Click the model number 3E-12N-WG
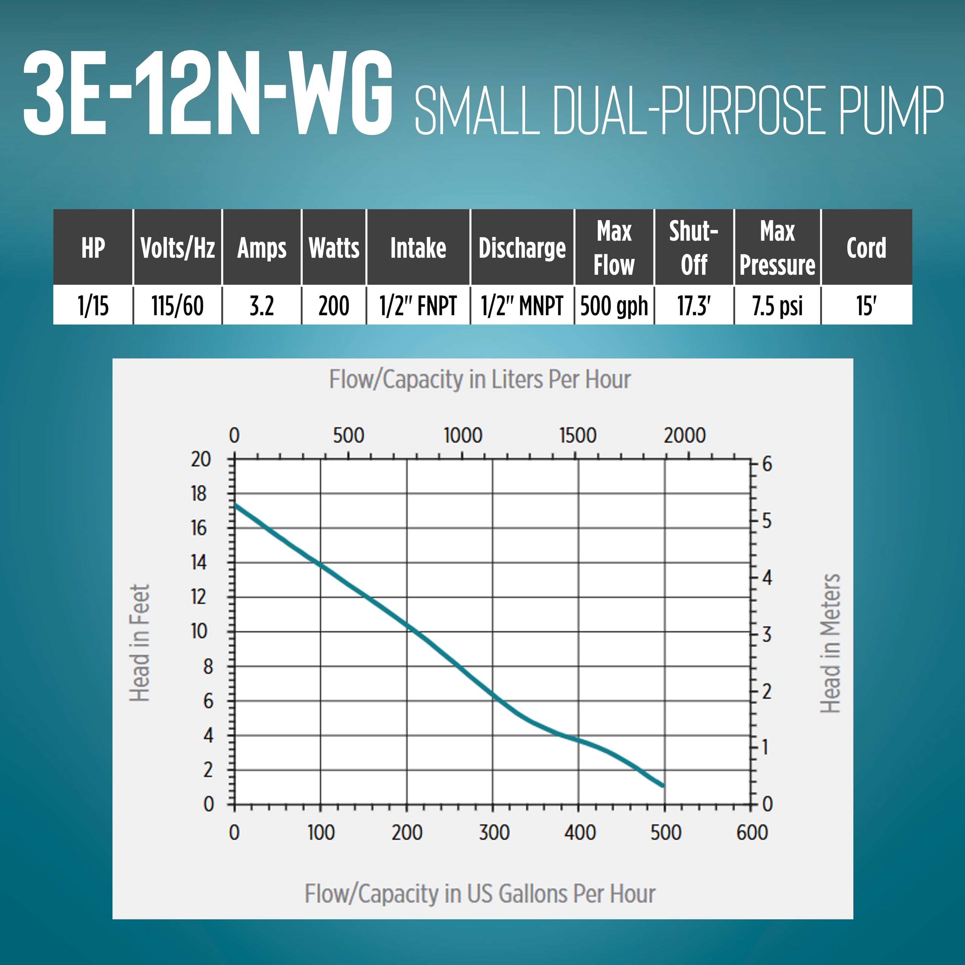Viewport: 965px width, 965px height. click(x=207, y=93)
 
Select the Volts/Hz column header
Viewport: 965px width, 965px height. click(x=177, y=248)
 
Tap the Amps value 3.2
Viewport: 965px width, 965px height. click(x=262, y=306)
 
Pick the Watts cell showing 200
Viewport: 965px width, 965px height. click(x=334, y=306)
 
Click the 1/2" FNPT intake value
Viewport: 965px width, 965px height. click(x=418, y=306)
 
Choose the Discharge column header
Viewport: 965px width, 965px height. click(x=522, y=248)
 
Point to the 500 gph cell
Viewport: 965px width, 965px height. click(x=614, y=306)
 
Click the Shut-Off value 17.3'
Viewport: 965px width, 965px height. click(x=694, y=306)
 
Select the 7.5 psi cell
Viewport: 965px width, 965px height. click(x=777, y=306)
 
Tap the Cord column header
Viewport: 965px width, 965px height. click(x=866, y=248)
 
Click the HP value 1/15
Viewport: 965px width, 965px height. click(x=93, y=306)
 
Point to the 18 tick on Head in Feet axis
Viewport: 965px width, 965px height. click(x=198, y=494)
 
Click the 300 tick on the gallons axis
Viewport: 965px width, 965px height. click(x=493, y=833)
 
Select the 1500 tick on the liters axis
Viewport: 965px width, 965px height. click(x=577, y=435)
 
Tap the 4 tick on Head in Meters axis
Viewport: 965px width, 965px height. click(x=767, y=578)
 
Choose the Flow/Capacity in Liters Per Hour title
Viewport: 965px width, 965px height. click(x=479, y=380)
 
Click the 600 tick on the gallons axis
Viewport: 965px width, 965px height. click(x=751, y=833)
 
